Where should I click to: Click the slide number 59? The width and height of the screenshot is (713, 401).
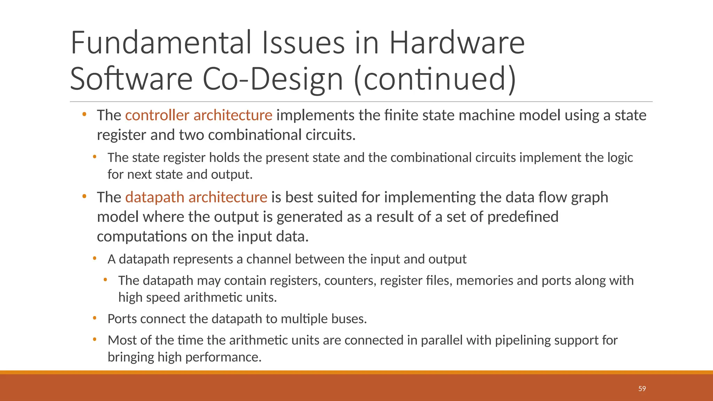pyautogui.click(x=642, y=389)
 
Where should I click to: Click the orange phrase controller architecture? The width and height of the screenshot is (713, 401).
pyautogui.click(x=198, y=115)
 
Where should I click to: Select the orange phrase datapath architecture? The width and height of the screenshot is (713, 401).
pyautogui.click(x=196, y=197)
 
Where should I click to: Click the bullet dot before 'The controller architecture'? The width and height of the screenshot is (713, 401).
pyautogui.click(x=84, y=114)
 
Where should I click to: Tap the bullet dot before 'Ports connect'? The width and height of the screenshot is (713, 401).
pyautogui.click(x=95, y=318)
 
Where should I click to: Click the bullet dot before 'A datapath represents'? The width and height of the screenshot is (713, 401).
pyautogui.click(x=95, y=258)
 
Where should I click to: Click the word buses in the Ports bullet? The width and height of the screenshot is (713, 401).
pyautogui.click(x=350, y=319)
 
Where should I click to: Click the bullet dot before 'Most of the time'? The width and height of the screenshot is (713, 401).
pyautogui.click(x=95, y=339)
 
